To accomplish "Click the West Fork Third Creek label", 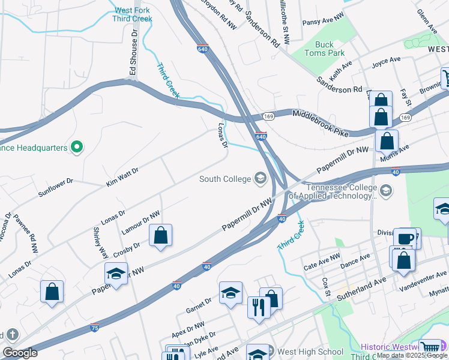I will [132, 14].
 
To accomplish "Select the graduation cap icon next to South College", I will [261, 177].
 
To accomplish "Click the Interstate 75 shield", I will [95, 328].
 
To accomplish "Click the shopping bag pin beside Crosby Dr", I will [161, 236].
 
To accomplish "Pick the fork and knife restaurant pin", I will [259, 307].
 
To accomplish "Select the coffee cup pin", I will [406, 239].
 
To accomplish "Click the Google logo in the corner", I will [19, 353].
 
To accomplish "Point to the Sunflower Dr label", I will [55, 188].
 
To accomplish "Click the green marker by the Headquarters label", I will [76, 146].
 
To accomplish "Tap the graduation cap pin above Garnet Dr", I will [231, 293].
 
